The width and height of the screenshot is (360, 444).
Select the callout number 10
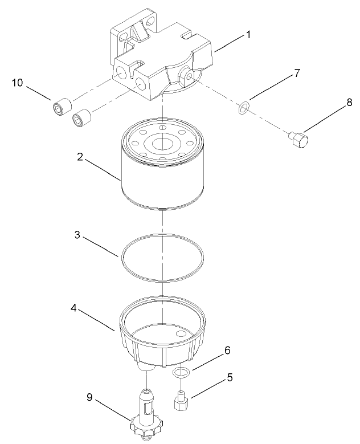[x=18, y=84]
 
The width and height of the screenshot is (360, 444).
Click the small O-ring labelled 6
[x=180, y=373]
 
